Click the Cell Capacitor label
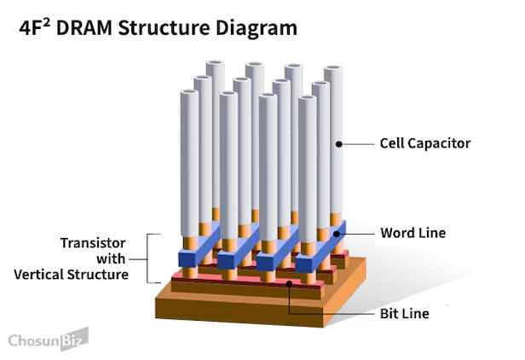(424, 143)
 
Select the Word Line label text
(412, 232)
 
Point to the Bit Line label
(404, 313)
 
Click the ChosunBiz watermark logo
(47, 340)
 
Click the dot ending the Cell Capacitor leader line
(338, 144)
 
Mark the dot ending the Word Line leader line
(338, 232)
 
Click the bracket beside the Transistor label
(150, 258)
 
